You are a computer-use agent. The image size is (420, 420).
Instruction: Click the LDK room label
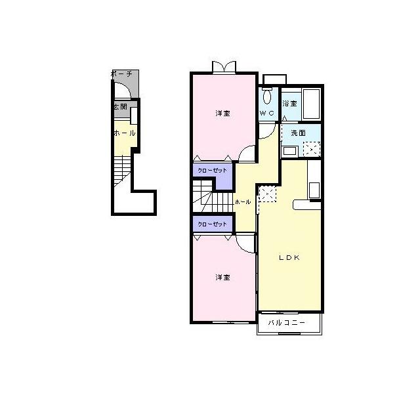pyautogui.click(x=289, y=258)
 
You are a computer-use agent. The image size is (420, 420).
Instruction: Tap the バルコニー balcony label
pyautogui.click(x=287, y=322)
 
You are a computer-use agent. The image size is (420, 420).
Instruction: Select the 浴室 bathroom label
pyautogui.click(x=289, y=104)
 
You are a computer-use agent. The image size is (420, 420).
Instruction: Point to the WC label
pyautogui.click(x=267, y=113)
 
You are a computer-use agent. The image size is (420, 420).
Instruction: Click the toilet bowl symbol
pyautogui.click(x=267, y=96)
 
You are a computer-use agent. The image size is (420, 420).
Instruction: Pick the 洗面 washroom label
pyautogui.click(x=298, y=133)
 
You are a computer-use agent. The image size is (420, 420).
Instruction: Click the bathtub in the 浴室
pyautogui.click(x=311, y=104)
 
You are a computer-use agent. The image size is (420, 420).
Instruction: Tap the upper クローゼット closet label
pyautogui.click(x=212, y=171)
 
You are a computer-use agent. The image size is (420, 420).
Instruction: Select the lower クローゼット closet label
pyautogui.click(x=212, y=224)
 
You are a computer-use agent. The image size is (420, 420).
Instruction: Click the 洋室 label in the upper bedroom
pyautogui.click(x=223, y=114)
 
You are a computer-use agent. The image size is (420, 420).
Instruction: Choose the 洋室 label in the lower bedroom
pyautogui.click(x=223, y=277)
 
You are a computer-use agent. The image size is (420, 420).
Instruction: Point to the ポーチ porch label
pyautogui.click(x=121, y=73)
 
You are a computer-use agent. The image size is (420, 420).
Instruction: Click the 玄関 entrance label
pyautogui.click(x=121, y=106)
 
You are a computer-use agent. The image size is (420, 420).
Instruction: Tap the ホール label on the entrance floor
pyautogui.click(x=125, y=133)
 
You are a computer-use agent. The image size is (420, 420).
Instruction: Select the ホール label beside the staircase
pyautogui.click(x=243, y=202)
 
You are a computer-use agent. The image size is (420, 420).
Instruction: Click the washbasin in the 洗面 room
pyautogui.click(x=289, y=151)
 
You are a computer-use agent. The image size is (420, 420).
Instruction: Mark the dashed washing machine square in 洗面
pyautogui.click(x=312, y=149)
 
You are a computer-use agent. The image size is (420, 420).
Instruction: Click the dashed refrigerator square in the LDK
pyautogui.click(x=267, y=194)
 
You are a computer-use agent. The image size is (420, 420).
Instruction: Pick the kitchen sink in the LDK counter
pyautogui.click(x=314, y=190)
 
